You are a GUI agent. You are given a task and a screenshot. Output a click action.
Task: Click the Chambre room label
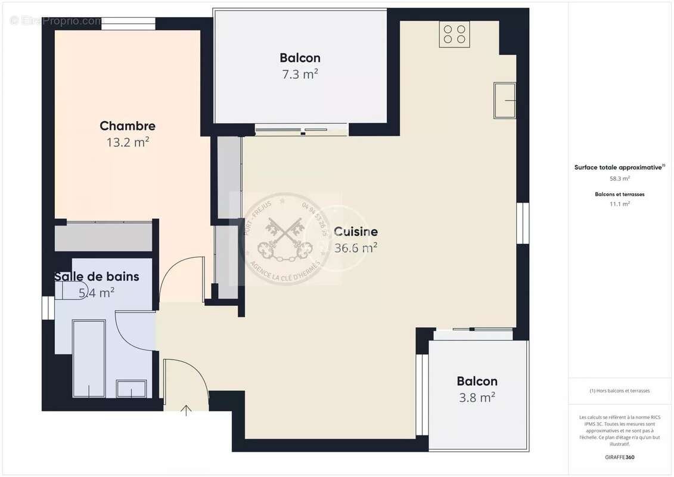(128, 126)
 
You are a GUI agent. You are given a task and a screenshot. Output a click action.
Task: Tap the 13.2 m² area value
(128, 143)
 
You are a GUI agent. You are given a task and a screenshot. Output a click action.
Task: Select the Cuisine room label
(356, 231)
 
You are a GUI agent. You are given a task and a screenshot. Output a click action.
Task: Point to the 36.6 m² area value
(356, 248)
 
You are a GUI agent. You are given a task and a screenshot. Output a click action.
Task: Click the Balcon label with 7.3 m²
(300, 58)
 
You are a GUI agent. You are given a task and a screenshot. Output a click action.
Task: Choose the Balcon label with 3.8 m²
(477, 381)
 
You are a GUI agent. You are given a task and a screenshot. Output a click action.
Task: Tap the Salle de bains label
(97, 277)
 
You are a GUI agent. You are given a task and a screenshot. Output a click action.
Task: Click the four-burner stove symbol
(454, 34)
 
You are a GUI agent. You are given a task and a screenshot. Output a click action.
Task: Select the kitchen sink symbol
(504, 101)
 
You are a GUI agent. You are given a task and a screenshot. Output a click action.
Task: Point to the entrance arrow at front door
(186, 410)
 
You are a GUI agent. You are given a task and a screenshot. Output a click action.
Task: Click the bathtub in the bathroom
(89, 358)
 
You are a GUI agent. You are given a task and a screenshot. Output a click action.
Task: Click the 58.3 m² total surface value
(620, 178)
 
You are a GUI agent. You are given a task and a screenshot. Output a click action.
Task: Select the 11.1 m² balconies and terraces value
(620, 203)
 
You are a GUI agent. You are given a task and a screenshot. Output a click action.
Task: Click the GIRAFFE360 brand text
(620, 457)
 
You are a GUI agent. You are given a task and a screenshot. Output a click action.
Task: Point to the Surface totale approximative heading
(619, 168)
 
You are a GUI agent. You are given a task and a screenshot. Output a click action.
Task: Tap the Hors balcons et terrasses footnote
(620, 391)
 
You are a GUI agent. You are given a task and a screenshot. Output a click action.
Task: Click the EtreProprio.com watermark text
(57, 21)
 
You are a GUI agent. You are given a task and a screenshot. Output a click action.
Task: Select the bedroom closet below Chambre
(104, 237)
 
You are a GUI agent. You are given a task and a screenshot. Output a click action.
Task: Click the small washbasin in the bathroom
(132, 389)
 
